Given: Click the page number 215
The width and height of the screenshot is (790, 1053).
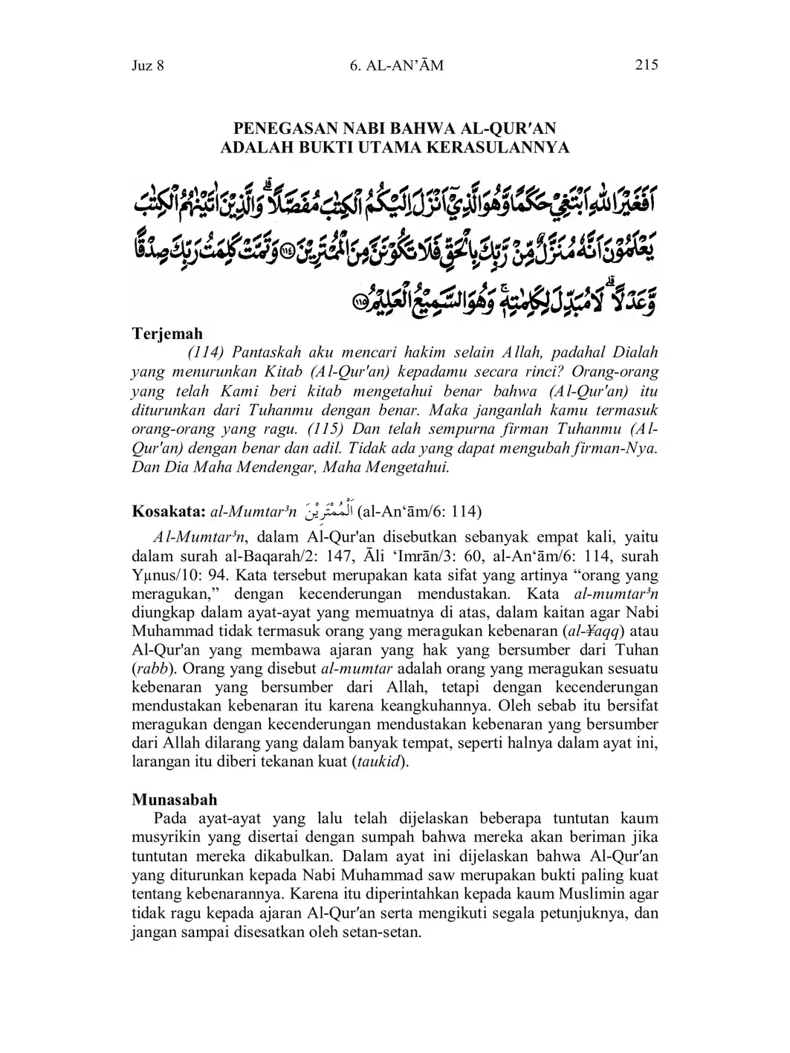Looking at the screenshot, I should [647, 65].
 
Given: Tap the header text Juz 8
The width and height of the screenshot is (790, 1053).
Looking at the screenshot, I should [147, 65].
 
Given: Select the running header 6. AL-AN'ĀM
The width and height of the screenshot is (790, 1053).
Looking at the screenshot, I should [395, 65].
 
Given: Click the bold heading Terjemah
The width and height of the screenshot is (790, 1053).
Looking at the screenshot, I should [167, 334].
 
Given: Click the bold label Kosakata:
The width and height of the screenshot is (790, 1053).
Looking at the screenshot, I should [169, 511].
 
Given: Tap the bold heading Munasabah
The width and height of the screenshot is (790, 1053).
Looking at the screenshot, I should [175, 800].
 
